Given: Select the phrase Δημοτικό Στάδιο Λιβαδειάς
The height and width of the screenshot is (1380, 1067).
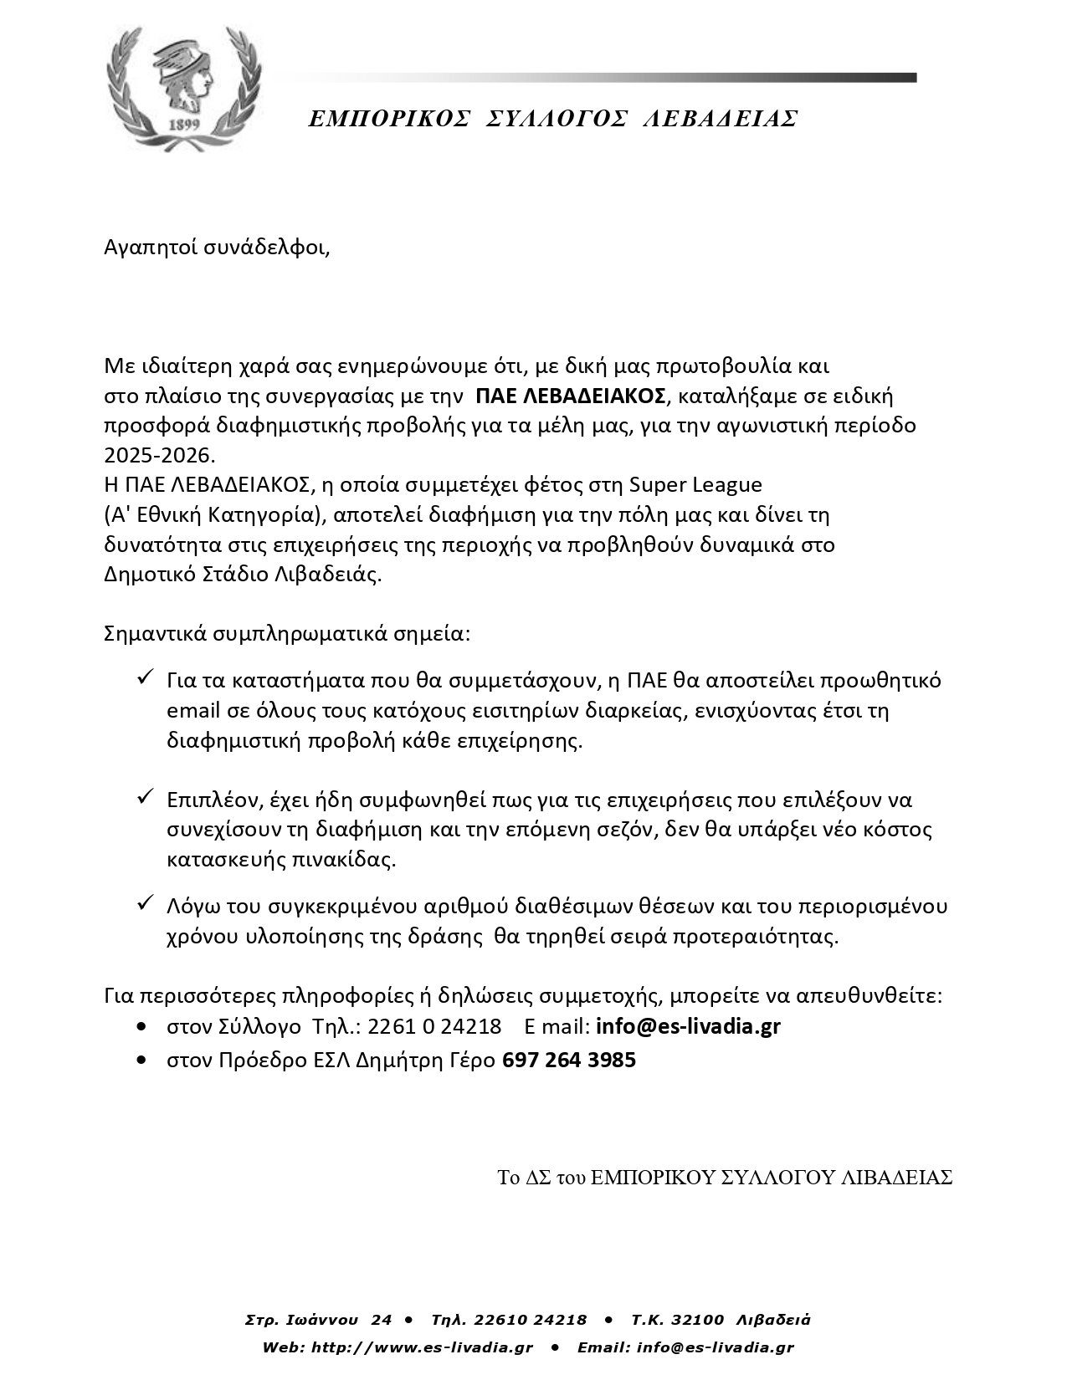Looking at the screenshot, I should click(243, 575).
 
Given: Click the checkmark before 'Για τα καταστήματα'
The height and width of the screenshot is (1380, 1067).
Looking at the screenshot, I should click(144, 677).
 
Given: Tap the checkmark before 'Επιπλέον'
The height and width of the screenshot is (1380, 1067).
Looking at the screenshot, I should click(144, 798).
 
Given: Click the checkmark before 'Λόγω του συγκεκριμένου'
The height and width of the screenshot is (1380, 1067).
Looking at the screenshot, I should click(144, 905).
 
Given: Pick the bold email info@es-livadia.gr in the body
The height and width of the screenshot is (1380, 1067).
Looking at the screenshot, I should click(688, 1026).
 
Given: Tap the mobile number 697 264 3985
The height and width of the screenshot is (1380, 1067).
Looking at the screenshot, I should click(569, 1061).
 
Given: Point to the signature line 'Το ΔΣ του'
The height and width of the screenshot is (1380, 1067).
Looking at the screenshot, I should click(725, 1178).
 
